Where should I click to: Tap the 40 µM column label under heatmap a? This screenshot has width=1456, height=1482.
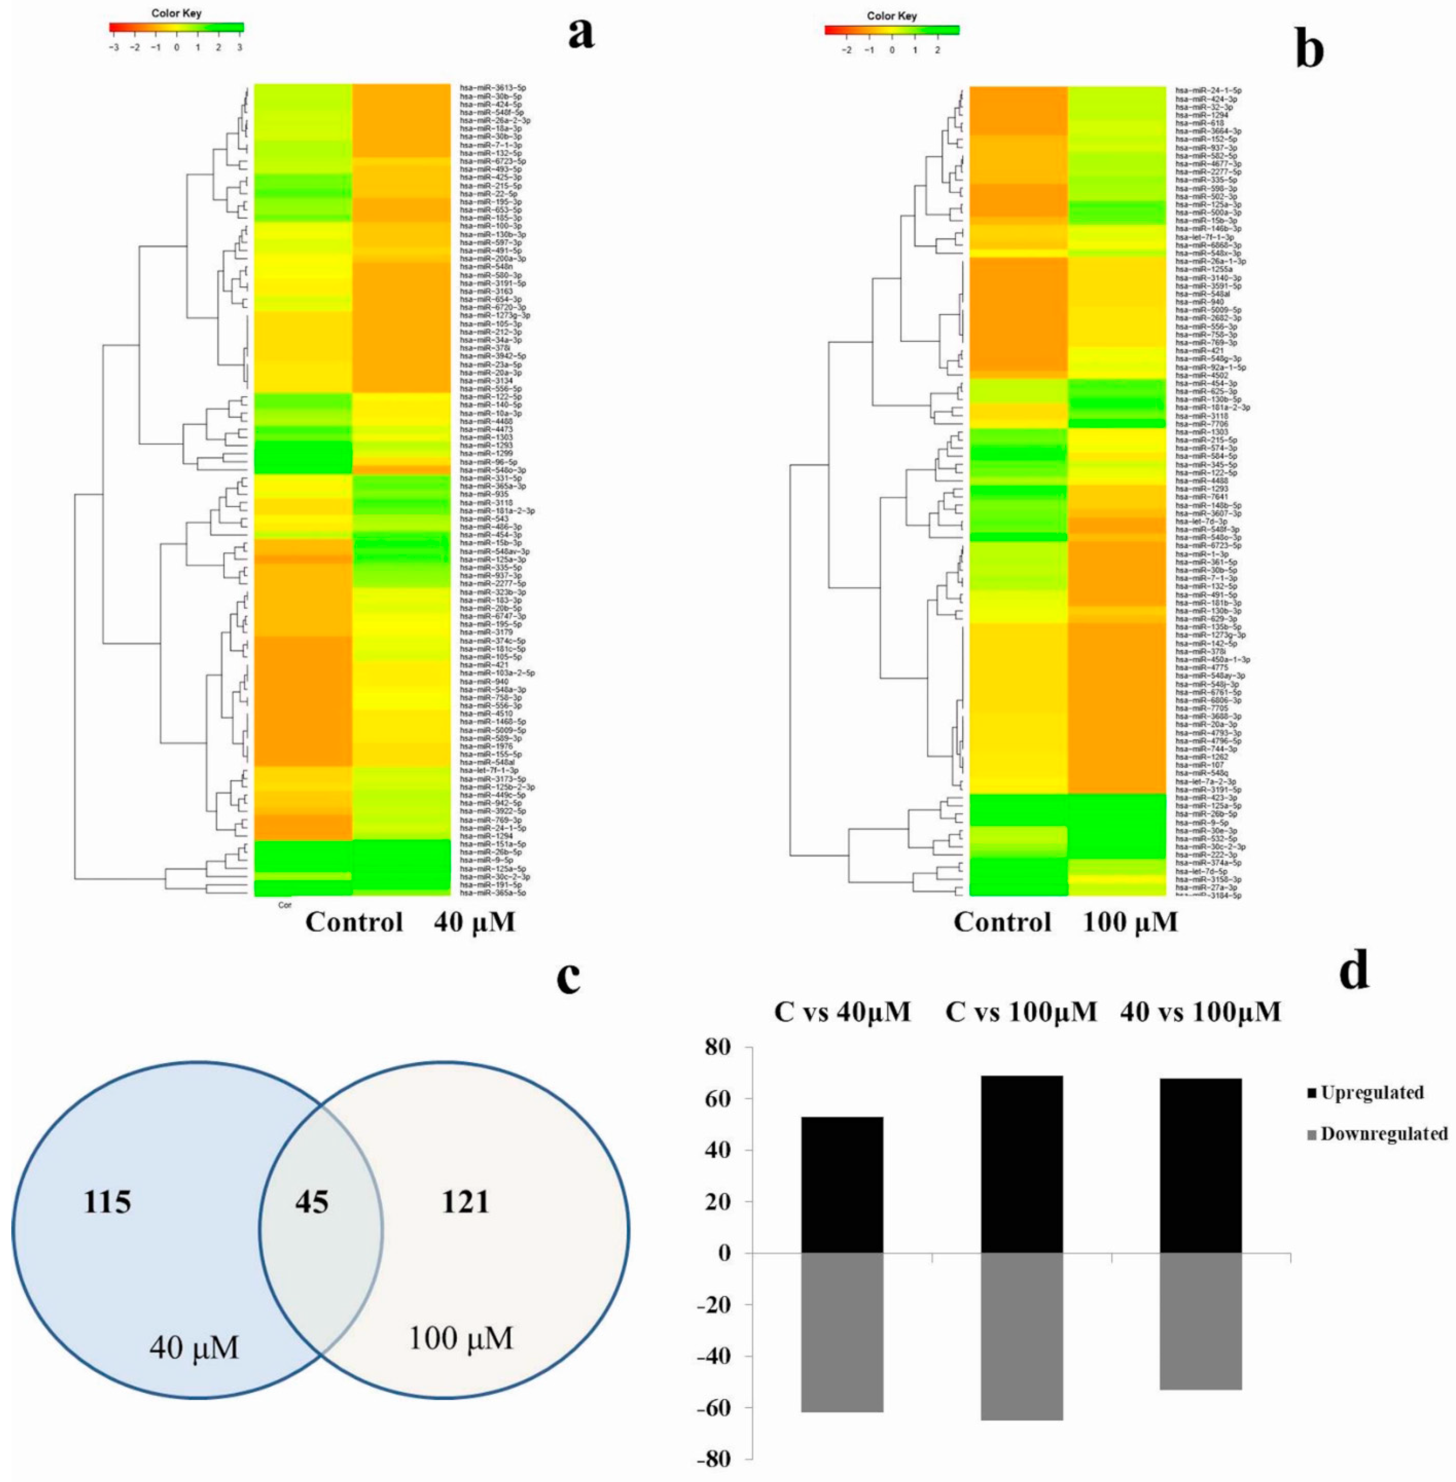(x=474, y=923)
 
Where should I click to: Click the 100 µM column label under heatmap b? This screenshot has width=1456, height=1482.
(x=1130, y=923)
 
